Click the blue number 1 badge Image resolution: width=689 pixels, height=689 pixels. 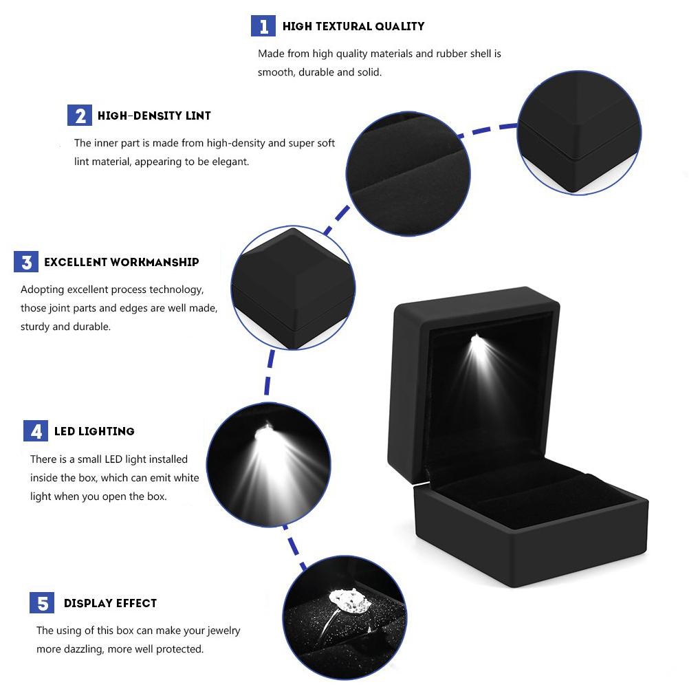coord(263,26)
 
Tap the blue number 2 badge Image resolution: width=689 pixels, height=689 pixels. coord(80,116)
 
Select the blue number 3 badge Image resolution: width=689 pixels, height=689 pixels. coord(26,262)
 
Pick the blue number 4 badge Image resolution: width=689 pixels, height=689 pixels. coord(36,431)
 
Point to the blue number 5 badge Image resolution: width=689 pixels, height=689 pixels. coord(43,603)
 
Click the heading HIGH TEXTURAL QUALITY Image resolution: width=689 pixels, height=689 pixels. coord(353,27)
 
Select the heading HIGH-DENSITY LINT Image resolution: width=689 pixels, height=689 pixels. coord(154,116)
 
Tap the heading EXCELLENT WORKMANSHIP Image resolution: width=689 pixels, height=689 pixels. coord(122,262)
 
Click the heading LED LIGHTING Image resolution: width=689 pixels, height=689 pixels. coord(94,431)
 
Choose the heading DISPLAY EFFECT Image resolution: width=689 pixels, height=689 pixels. coord(110,603)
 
